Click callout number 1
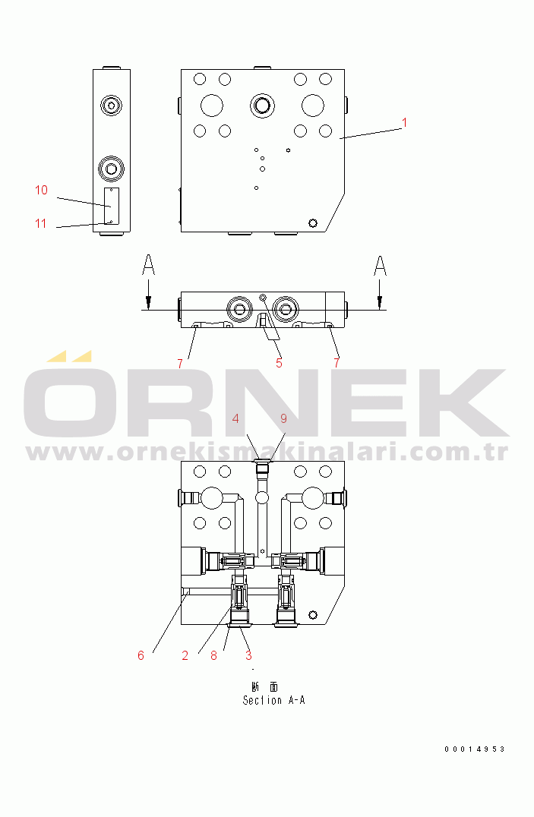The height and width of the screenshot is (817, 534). click(x=404, y=122)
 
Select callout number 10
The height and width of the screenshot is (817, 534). click(x=41, y=190)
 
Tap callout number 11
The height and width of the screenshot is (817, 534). click(x=41, y=223)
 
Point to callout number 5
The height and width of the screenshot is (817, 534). click(x=279, y=363)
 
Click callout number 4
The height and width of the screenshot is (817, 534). click(x=235, y=418)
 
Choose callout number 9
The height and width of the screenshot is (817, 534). click(x=283, y=418)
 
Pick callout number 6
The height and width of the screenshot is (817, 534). click(x=141, y=655)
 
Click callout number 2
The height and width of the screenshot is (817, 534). click(x=185, y=655)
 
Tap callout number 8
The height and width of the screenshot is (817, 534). click(x=213, y=655)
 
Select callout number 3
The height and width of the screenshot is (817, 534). click(x=248, y=655)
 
